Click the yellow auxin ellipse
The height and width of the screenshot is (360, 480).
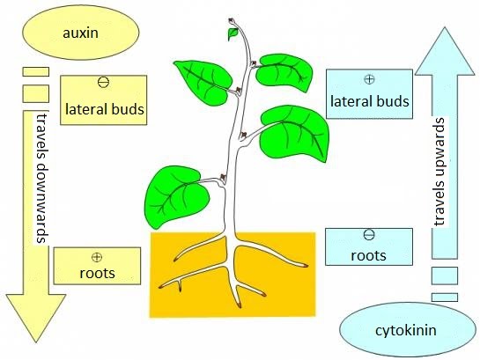(x=80, y=33)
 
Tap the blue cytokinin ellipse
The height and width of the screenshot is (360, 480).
(x=408, y=330)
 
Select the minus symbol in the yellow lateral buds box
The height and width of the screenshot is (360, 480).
(x=103, y=82)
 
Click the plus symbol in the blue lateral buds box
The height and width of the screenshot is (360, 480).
(x=370, y=79)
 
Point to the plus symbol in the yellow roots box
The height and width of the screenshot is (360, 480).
(x=97, y=257)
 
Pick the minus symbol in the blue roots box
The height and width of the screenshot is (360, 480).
(x=368, y=235)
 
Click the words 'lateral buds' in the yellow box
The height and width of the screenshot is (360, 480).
(x=105, y=109)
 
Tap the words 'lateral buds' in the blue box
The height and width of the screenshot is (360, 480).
(x=370, y=101)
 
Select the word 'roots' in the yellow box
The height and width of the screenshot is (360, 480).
(x=97, y=273)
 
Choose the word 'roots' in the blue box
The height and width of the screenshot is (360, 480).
(x=368, y=255)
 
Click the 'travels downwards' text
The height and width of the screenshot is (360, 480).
(x=41, y=178)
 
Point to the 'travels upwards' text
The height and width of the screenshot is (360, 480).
(x=439, y=172)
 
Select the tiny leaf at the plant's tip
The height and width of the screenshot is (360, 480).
(x=233, y=33)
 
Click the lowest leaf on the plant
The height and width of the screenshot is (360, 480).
(x=176, y=196)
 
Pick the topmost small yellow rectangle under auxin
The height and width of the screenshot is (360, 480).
(x=36, y=71)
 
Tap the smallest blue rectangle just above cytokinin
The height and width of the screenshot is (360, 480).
(x=445, y=298)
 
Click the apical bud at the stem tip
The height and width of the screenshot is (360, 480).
(x=232, y=21)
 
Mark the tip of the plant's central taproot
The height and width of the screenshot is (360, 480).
(x=239, y=306)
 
